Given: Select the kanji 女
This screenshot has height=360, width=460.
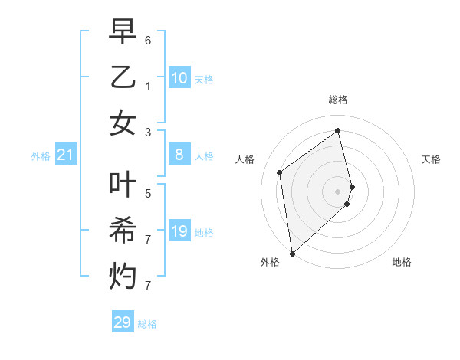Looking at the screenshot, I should click(x=122, y=123).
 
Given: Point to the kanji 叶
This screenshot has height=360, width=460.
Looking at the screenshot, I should click(x=122, y=185).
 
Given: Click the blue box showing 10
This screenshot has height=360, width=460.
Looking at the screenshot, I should click(x=179, y=78).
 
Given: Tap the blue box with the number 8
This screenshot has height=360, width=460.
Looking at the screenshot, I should click(x=179, y=155).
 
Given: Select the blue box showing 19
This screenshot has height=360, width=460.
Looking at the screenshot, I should click(x=179, y=231).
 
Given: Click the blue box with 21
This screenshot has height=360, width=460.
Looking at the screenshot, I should click(x=66, y=155).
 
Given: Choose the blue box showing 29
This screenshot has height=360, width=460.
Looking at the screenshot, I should click(x=123, y=322).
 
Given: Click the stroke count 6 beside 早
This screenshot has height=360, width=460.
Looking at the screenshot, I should click(x=148, y=40).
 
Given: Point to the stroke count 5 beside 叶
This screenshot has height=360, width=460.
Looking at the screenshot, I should click(x=148, y=194).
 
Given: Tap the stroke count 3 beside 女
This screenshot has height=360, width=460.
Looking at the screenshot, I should click(x=148, y=132).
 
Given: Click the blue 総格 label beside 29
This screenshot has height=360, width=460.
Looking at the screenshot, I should click(x=147, y=324).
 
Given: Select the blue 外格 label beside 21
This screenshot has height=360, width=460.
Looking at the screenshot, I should click(x=41, y=156).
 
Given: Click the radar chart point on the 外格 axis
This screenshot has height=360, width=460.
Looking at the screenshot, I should click(x=292, y=253).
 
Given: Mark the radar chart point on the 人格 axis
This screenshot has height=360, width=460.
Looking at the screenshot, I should click(x=280, y=172).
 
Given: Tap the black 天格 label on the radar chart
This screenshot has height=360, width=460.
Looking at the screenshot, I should click(x=431, y=159).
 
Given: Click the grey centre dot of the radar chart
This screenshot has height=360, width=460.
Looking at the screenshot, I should click(x=338, y=191).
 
